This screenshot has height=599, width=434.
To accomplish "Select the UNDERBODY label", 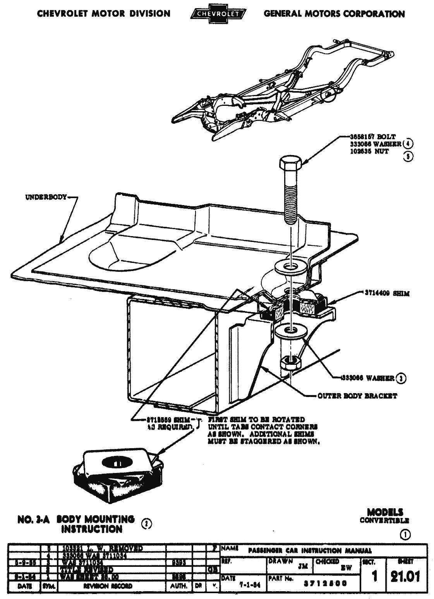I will click(46, 197).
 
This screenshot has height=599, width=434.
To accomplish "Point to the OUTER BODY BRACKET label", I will click(357, 396).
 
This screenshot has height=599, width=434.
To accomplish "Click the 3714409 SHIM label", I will click(381, 293).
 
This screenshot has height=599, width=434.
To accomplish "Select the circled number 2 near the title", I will click(146, 523).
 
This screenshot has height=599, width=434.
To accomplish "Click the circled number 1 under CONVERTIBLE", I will click(405, 535).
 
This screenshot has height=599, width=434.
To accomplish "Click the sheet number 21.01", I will click(405, 577).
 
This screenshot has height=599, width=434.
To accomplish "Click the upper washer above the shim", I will click(290, 267).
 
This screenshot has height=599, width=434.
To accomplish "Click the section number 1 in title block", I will click(374, 577).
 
